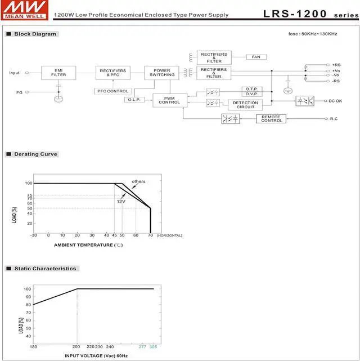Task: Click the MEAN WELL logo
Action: [x=25, y=10]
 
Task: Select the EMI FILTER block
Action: [x=58, y=73]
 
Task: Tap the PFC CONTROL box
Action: [x=113, y=91]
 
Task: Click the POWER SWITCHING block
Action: [x=162, y=73]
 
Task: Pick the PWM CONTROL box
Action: [x=170, y=100]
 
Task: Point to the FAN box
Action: [x=256, y=57]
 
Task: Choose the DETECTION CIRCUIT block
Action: [x=245, y=105]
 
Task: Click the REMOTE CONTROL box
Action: [x=271, y=119]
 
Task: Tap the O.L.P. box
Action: [x=134, y=100]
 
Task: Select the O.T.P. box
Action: [x=252, y=89]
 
